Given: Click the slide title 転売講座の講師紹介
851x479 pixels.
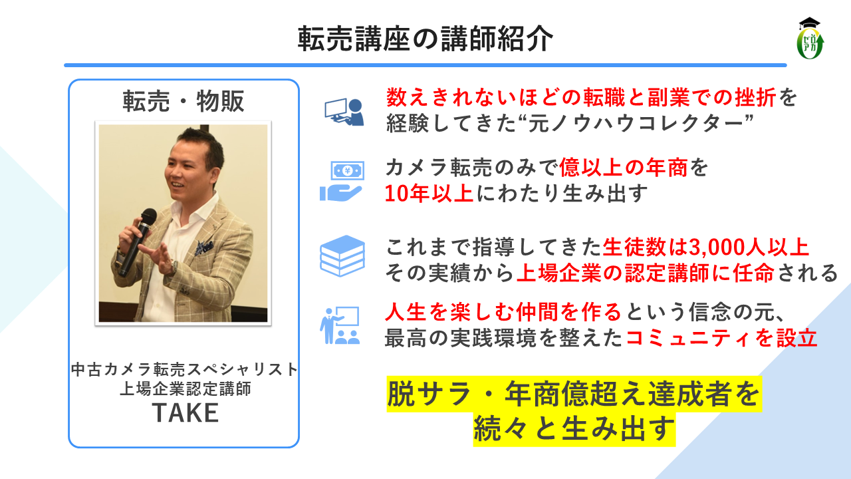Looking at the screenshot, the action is pos(425,39).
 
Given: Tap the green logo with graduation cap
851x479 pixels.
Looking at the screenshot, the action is pos(810,39).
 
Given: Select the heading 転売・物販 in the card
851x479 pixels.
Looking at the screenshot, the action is pos(183,101).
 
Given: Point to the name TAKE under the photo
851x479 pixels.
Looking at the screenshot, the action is pos(185,413).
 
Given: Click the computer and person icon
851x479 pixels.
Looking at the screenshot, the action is pos(344,112).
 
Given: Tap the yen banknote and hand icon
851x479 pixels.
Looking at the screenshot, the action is pos(342,181).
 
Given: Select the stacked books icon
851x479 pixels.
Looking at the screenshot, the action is pos(342,255).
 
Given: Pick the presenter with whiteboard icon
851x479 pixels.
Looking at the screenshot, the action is pos(340,325).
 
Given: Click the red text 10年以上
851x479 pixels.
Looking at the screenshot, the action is pos(429,194).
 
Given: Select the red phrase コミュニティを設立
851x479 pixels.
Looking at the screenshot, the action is pos(721,337).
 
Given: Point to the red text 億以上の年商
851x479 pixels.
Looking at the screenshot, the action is pos(624,168).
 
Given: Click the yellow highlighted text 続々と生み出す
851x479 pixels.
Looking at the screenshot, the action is pos(574,428).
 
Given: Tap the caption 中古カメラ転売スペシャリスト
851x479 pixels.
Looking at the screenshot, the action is pos(185,369).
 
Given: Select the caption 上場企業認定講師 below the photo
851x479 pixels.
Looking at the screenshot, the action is pos(185,389).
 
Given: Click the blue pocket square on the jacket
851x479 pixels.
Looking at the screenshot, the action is pos(204,247).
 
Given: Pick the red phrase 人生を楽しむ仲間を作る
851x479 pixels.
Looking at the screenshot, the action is pos(503,312).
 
